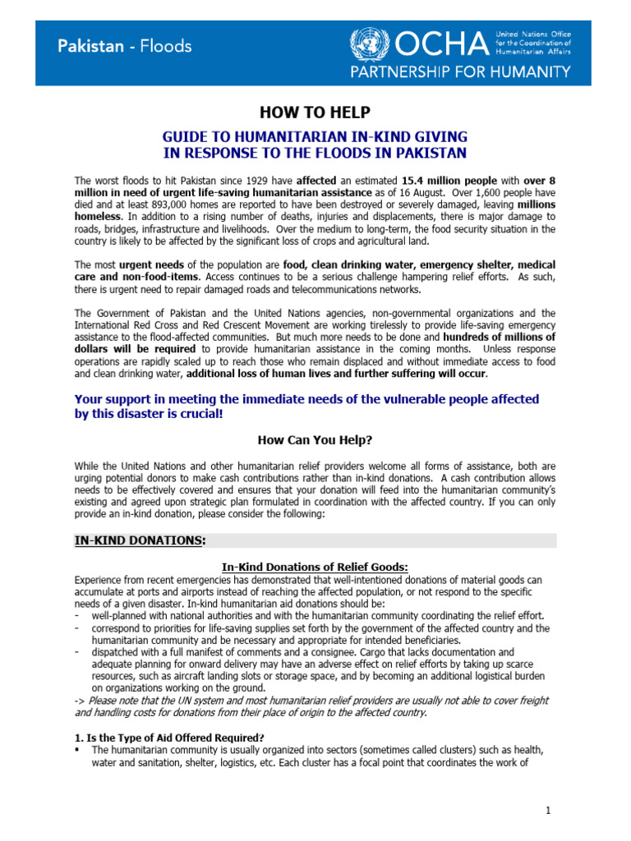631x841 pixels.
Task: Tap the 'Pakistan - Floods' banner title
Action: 125,46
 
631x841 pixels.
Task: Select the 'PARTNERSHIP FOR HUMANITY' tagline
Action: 460,71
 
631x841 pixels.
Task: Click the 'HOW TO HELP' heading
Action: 315,113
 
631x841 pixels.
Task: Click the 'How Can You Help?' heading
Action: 315,439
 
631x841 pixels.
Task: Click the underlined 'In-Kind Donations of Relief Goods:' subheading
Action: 315,568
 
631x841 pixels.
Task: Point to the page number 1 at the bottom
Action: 549,811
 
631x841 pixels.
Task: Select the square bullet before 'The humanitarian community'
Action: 78,750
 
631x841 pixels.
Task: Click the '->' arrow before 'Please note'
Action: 81,700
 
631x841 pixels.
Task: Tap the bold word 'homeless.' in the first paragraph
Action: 100,217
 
